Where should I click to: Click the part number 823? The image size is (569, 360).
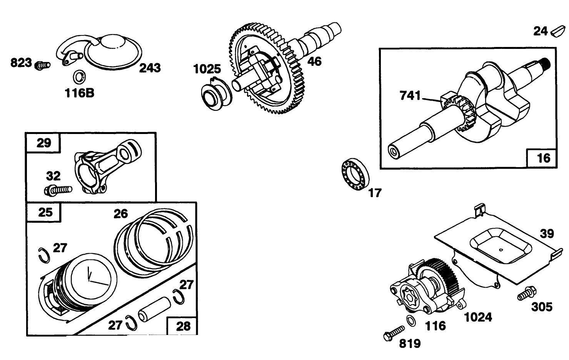coord(21,63)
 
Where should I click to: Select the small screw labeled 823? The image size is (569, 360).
coord(42,65)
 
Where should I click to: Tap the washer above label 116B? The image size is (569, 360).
coord(79,77)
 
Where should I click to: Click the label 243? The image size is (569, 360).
coord(150,68)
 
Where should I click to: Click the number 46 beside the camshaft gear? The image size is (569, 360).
coord(314,62)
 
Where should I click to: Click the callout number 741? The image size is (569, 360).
coord(410,95)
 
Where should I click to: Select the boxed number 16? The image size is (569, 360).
coord(544,158)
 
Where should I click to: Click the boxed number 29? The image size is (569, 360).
coord(44,143)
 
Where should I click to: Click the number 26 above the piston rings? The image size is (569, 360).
coord(121,214)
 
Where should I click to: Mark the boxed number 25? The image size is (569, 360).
coord(45,212)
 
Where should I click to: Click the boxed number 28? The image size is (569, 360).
coord(183,327)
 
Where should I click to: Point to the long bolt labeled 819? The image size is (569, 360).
coord(394,333)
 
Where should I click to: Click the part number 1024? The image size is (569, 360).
coord(478,317)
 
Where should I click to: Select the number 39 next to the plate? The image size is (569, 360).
coord(547,234)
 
